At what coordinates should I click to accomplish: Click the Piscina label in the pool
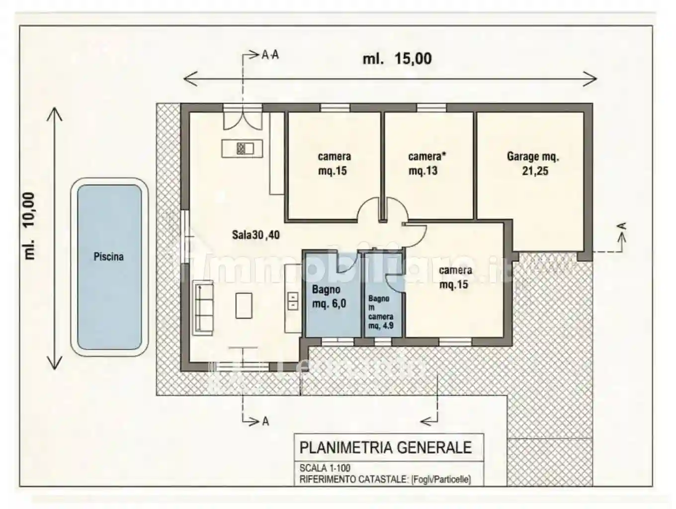(108, 256)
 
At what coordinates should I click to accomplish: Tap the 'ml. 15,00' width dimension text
(397, 59)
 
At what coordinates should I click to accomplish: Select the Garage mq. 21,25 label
(533, 164)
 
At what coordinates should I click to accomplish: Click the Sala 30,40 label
(255, 235)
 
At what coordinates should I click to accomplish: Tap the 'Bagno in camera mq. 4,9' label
(381, 312)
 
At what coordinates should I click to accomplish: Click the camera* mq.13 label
(426, 164)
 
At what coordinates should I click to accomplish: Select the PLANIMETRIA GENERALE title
(385, 447)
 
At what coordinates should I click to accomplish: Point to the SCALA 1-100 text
(325, 468)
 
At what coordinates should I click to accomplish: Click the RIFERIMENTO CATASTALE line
(385, 480)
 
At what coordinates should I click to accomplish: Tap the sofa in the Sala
(203, 308)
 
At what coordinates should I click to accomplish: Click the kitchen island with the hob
(242, 148)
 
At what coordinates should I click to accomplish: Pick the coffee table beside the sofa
(244, 305)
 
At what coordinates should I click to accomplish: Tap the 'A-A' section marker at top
(270, 55)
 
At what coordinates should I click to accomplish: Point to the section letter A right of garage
(621, 227)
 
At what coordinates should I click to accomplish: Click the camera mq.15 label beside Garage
(334, 164)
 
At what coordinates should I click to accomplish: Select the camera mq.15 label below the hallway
(455, 277)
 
